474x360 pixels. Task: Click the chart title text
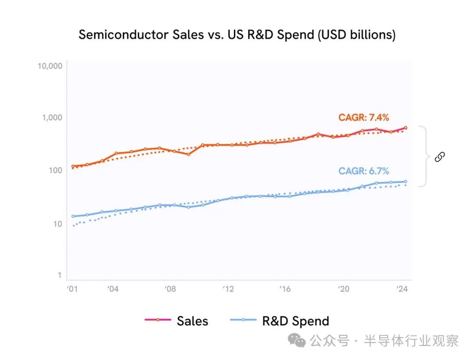(x=237, y=35)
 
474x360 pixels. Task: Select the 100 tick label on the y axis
(x=56, y=170)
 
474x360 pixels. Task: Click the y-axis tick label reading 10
(x=57, y=223)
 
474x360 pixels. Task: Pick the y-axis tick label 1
(x=59, y=275)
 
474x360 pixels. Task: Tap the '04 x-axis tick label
(x=113, y=289)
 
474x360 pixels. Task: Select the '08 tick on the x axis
(x=170, y=289)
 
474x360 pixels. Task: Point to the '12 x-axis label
(x=228, y=289)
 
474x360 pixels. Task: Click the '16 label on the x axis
(x=285, y=289)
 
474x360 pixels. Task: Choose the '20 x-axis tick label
(x=343, y=289)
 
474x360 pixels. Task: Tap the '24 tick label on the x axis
(x=401, y=289)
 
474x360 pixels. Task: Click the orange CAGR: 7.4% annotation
(x=363, y=118)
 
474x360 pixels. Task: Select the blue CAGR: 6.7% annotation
(x=363, y=171)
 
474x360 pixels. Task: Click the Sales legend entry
(x=176, y=321)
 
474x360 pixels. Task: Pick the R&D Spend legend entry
(x=280, y=321)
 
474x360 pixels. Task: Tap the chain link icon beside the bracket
(x=440, y=157)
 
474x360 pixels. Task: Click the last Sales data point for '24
(x=406, y=128)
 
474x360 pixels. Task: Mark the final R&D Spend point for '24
(x=406, y=182)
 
